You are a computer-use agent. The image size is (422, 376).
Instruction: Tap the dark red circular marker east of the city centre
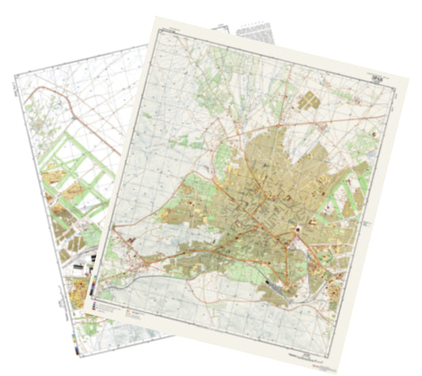(298, 230)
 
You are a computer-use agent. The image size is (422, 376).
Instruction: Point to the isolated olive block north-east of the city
(306, 101)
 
